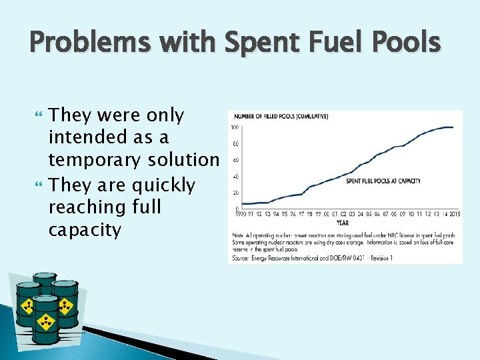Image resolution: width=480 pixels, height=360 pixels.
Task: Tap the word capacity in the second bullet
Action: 85,231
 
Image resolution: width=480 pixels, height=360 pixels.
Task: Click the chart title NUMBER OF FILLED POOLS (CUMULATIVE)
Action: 285,117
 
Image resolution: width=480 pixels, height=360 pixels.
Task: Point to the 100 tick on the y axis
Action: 235,127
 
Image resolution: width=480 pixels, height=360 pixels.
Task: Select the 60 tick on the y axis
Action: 236,160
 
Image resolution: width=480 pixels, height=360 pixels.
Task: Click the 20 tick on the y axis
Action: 236,193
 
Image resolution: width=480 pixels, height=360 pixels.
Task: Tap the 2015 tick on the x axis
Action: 454,214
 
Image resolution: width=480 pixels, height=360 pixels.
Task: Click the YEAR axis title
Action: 343,223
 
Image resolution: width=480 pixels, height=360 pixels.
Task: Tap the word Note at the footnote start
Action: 237,235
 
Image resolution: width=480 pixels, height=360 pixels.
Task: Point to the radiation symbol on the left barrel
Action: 29,307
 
